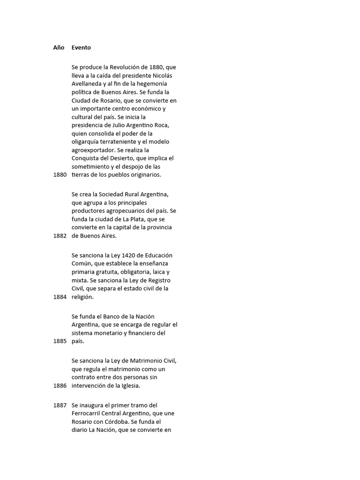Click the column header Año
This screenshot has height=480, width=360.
[x=59, y=47]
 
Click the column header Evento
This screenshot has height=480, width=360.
[x=81, y=47]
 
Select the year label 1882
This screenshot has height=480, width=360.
[x=60, y=236]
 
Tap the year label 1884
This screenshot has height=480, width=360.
[x=60, y=297]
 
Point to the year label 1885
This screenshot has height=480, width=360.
[x=60, y=341]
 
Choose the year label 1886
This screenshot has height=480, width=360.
[x=60, y=386]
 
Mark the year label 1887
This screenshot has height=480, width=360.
[x=60, y=405]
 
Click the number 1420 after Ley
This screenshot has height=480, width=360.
[x=127, y=255]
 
